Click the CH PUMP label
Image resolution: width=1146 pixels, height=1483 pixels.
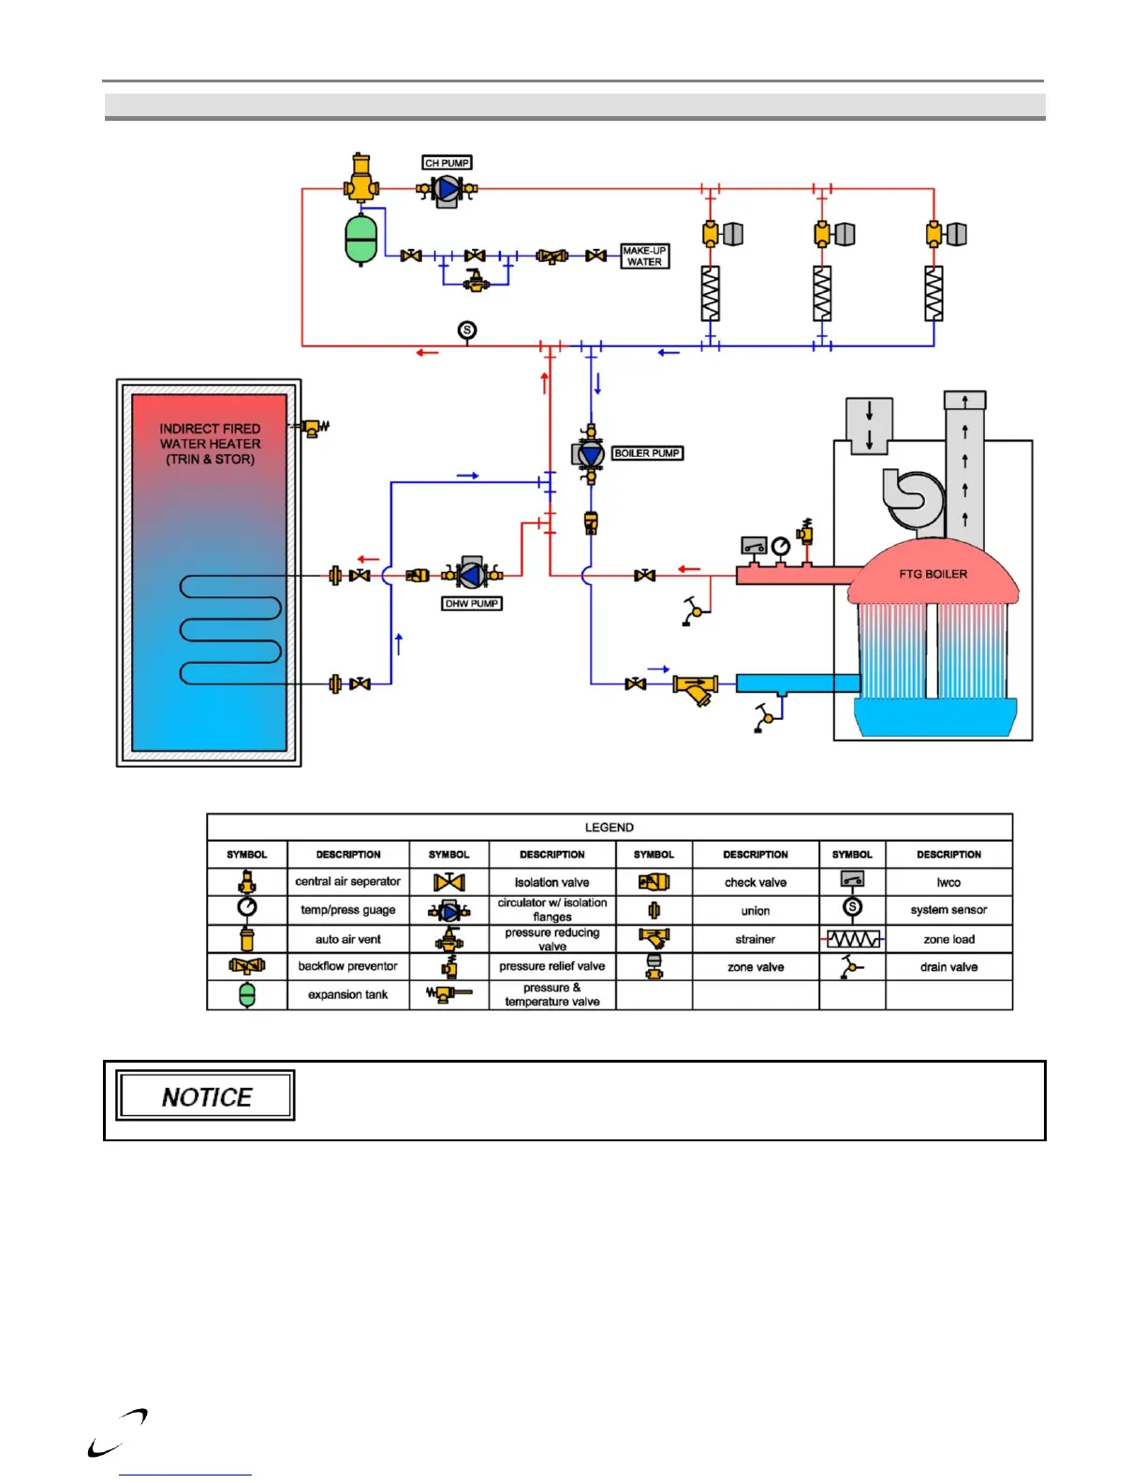click(447, 163)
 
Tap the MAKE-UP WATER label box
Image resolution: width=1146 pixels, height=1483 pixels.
click(644, 257)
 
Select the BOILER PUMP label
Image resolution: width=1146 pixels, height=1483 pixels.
click(647, 453)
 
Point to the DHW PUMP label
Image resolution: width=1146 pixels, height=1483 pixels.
click(472, 604)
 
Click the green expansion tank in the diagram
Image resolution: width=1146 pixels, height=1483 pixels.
click(360, 240)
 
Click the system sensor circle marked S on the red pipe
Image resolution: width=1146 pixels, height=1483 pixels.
click(467, 330)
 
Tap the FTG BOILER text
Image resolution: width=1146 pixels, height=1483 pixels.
click(933, 574)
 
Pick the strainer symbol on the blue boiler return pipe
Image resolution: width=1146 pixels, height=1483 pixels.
click(695, 688)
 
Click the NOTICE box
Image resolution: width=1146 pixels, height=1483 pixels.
click(205, 1096)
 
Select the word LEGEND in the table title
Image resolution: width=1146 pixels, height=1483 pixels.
click(610, 828)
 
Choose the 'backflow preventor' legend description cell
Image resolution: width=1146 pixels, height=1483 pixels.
click(348, 966)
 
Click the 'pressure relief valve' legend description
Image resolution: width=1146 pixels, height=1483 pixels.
click(552, 966)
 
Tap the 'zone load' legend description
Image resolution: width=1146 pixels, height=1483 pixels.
click(949, 939)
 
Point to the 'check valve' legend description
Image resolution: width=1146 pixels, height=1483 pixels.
click(756, 882)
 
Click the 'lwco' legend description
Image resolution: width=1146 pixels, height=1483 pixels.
click(949, 882)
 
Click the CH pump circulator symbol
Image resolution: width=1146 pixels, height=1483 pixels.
click(448, 190)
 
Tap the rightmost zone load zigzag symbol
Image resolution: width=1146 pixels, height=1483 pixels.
click(933, 293)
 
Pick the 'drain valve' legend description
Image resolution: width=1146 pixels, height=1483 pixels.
click(949, 967)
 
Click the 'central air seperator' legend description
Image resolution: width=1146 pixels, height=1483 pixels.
click(348, 881)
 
